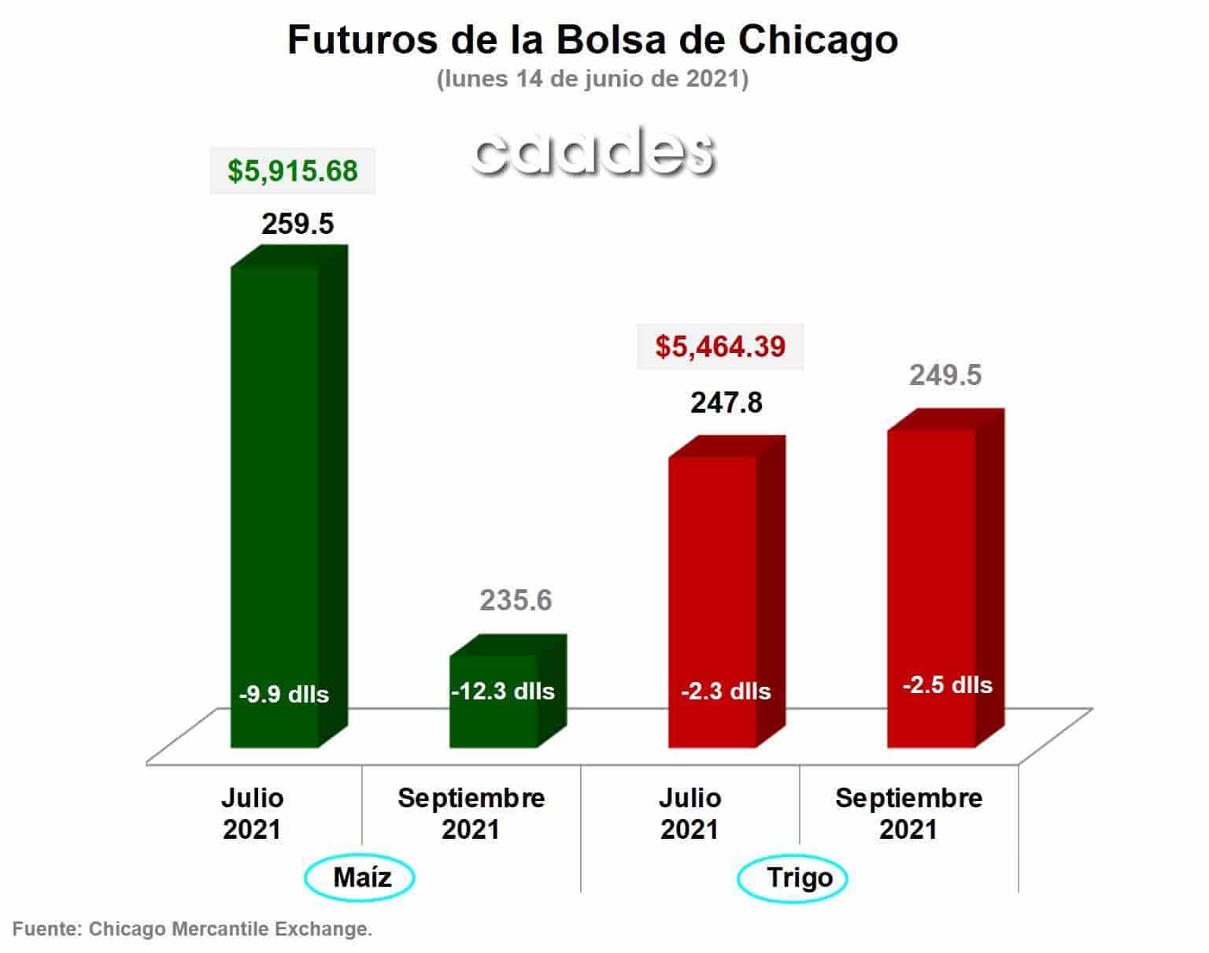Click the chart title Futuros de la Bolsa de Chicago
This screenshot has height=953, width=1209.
click(x=593, y=40)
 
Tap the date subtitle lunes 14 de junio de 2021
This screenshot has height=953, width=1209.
click(x=593, y=79)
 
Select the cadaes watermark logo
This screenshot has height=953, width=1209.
click(x=593, y=151)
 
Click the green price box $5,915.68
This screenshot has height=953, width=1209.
click(x=292, y=171)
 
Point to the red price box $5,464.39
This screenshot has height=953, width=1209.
click(x=719, y=347)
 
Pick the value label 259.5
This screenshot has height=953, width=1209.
click(x=298, y=224)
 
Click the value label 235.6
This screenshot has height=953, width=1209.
click(x=516, y=600)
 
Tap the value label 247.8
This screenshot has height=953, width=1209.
click(x=727, y=402)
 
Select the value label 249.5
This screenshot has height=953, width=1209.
click(x=945, y=375)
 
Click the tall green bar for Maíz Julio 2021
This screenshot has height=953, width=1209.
click(x=289, y=496)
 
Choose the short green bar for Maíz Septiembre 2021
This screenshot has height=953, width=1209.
click(x=508, y=691)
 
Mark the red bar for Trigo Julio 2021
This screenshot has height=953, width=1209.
click(x=727, y=591)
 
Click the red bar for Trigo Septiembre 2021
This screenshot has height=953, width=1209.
click(x=945, y=578)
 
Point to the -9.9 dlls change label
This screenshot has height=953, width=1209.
click(x=284, y=695)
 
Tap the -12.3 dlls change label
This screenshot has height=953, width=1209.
click(x=503, y=691)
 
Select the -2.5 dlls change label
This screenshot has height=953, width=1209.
click(x=948, y=684)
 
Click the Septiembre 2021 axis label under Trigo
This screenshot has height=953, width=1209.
click(x=908, y=814)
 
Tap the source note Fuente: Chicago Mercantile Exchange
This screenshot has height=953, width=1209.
click(x=192, y=929)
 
